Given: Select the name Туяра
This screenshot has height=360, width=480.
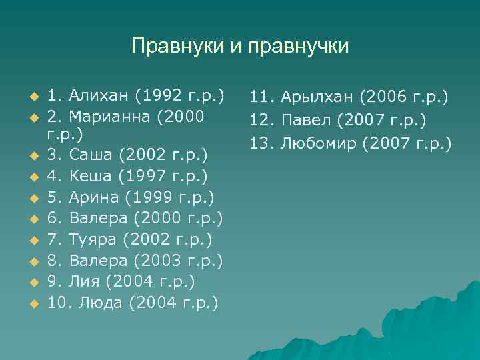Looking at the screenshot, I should (93, 239).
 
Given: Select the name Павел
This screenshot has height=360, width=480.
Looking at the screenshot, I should (307, 121).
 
